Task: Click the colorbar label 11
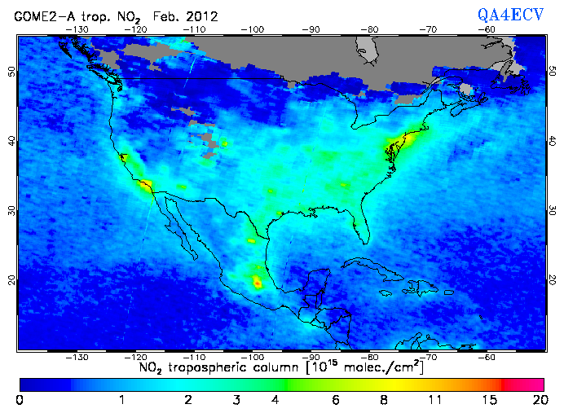tap(436, 399)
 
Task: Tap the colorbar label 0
tap(19, 399)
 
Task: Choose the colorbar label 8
tap(383, 399)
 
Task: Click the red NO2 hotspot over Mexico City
tap(258, 283)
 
